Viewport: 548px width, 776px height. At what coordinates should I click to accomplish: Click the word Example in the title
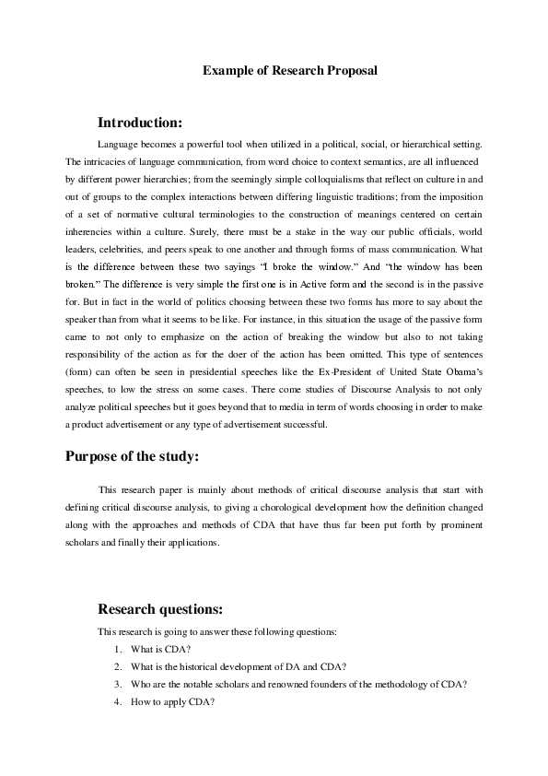click(x=227, y=69)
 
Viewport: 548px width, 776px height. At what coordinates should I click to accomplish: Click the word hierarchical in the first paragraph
click(x=439, y=145)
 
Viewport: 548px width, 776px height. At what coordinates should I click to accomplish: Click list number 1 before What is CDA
click(x=118, y=650)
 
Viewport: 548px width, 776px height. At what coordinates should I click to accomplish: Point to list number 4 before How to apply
click(x=118, y=702)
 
